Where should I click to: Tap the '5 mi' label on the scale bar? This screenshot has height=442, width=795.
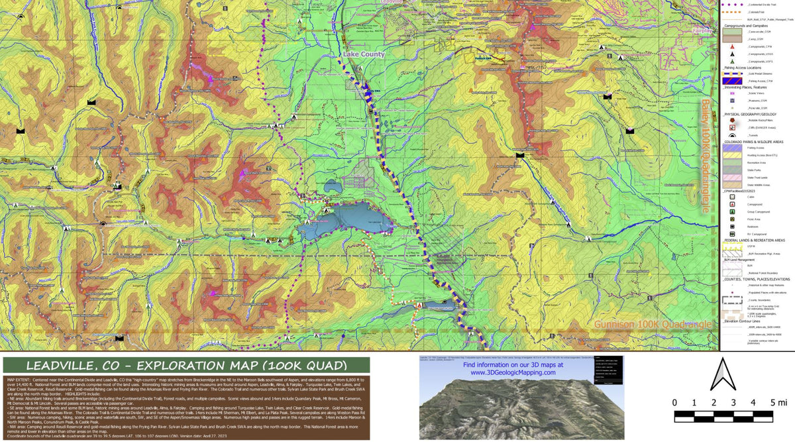click(x=778, y=402)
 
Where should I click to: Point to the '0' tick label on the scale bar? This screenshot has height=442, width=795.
click(x=674, y=402)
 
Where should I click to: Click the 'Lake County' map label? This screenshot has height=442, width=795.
click(x=364, y=54)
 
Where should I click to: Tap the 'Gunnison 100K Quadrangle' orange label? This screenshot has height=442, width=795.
click(x=653, y=325)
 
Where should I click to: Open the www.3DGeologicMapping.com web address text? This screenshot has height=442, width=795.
click(x=513, y=373)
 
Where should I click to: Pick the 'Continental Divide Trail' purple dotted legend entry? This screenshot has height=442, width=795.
click(x=733, y=4)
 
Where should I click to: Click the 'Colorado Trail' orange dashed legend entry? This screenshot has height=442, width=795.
click(x=733, y=12)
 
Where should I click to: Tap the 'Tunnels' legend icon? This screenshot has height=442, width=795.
click(x=733, y=135)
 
